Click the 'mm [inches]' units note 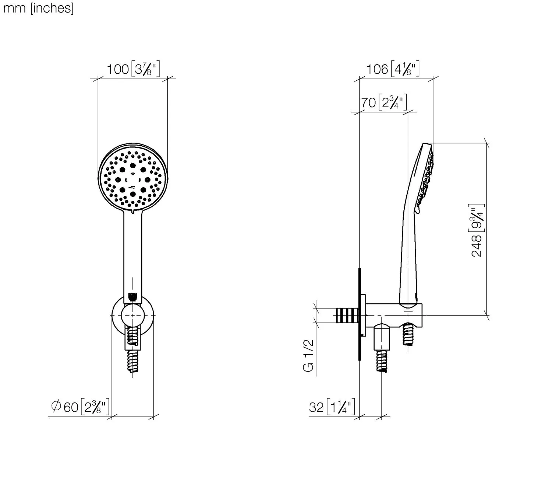coord(39,8)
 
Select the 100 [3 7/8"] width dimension coord(133,69)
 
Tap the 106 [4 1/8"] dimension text coord(393,69)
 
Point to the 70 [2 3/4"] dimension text coord(384,102)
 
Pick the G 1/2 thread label coord(308,356)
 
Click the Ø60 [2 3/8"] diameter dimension coord(80,407)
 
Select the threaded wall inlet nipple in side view coord(347,316)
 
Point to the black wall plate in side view coord(360,314)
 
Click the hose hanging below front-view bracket coord(133,361)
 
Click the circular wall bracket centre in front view coord(132,315)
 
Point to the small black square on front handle coord(133,296)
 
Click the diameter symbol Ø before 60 coord(56,406)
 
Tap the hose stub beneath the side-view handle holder coord(408,334)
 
